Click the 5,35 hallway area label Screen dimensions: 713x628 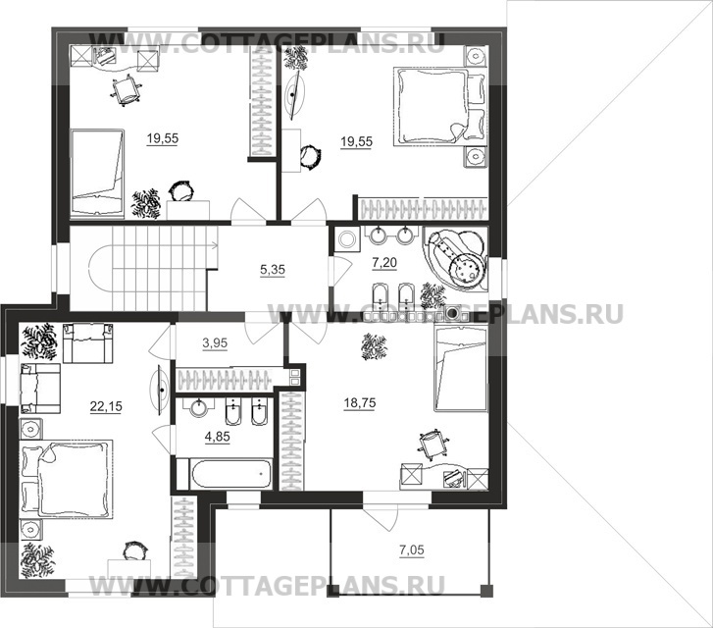(x=273, y=270)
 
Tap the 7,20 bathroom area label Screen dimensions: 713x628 (x=384, y=263)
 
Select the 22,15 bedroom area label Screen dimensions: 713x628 (x=106, y=406)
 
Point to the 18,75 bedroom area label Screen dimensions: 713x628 (x=360, y=403)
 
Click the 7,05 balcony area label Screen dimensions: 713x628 (x=412, y=550)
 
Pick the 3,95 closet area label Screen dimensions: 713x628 (x=215, y=343)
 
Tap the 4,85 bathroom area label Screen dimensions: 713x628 (x=218, y=437)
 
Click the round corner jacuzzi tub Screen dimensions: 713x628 (x=456, y=258)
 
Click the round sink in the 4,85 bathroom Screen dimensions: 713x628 (x=199, y=407)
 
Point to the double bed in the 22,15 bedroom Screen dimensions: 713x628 (x=67, y=479)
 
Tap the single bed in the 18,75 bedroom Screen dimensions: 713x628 (x=461, y=370)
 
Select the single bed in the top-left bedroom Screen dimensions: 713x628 (x=97, y=171)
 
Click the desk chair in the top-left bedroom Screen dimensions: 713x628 (x=126, y=90)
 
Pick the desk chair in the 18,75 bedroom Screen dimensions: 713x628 (x=433, y=442)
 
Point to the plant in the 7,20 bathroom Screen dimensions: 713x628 (x=433, y=295)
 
